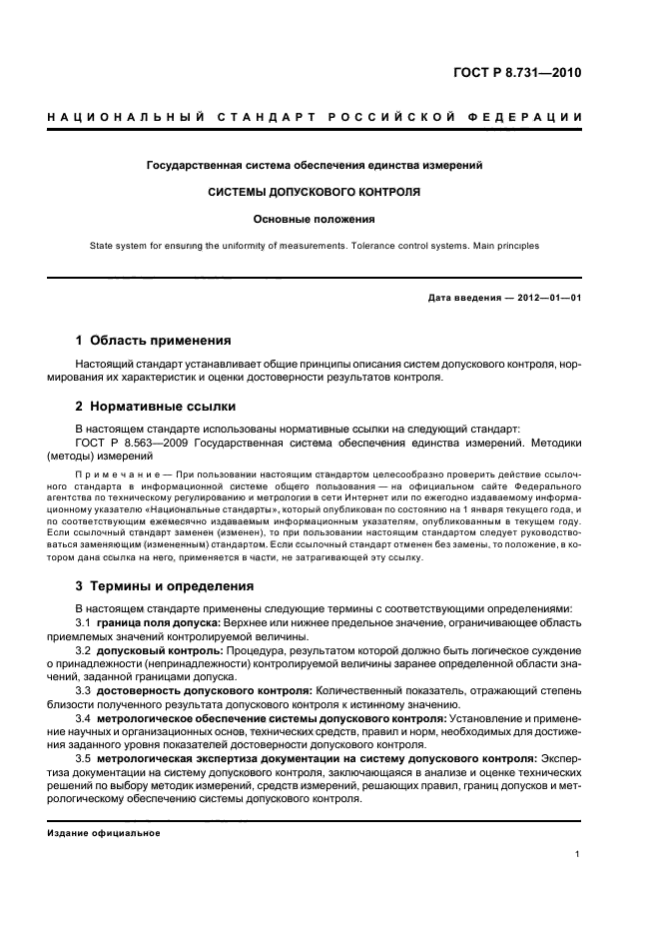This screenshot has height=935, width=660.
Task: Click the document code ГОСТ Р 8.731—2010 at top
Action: [516, 73]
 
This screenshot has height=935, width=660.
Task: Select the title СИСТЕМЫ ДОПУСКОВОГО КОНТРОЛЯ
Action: [314, 191]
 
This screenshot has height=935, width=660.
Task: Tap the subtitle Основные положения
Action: [314, 219]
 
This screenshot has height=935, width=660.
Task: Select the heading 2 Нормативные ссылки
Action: [156, 407]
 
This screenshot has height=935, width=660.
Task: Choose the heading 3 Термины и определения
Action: [165, 585]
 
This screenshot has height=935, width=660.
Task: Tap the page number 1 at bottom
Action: [578, 854]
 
